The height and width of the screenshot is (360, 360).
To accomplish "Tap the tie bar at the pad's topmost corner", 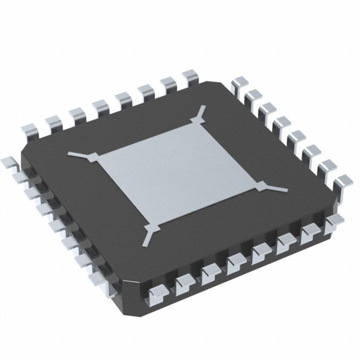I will coord(198,116).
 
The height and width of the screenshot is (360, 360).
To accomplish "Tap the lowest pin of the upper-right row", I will coord(343,183).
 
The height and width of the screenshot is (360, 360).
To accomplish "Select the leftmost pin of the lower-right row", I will coord(157,292).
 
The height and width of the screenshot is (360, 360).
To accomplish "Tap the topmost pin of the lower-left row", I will coord(8,164).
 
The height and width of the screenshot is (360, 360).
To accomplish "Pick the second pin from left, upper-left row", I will coord(53,120).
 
